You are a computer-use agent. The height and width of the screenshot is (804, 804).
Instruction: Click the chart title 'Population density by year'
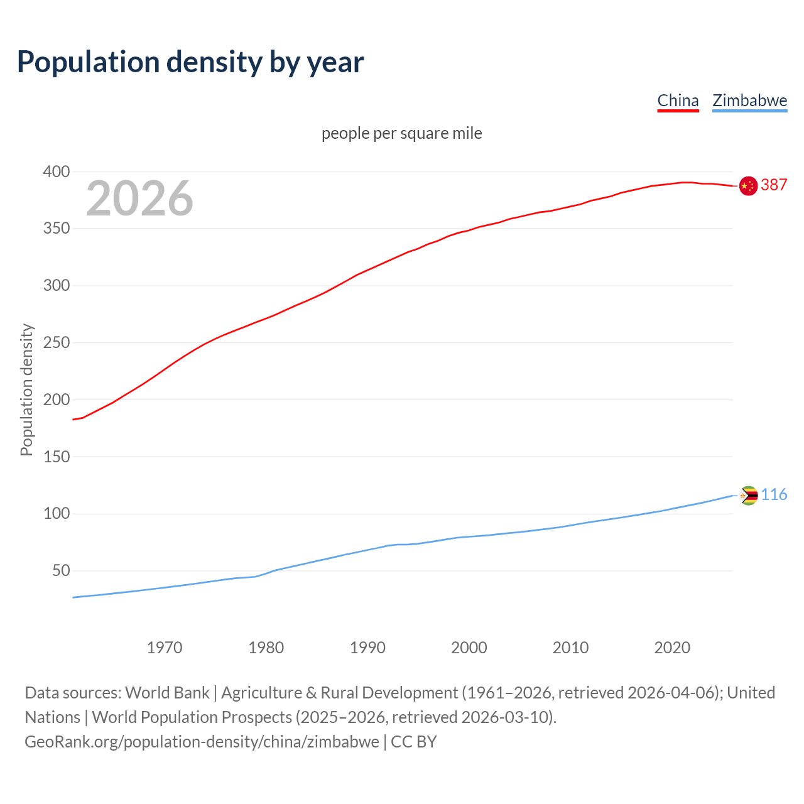(190, 62)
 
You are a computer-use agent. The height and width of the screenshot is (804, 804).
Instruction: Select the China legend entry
(678, 100)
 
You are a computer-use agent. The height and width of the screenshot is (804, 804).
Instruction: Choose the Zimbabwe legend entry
(749, 100)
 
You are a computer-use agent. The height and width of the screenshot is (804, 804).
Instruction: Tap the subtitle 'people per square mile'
(401, 133)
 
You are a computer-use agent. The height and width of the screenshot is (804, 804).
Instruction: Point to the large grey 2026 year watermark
(139, 198)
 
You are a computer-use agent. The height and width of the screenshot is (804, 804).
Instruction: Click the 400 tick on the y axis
(56, 171)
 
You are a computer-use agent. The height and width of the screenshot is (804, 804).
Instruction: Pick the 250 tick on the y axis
(56, 343)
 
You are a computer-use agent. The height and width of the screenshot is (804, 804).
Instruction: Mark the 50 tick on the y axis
(60, 571)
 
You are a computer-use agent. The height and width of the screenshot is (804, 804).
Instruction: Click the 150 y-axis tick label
(56, 457)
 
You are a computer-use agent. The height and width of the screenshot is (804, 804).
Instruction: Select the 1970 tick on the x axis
(165, 648)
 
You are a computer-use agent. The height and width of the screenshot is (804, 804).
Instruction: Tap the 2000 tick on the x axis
(469, 648)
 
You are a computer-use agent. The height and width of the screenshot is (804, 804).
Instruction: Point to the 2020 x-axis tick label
(672, 648)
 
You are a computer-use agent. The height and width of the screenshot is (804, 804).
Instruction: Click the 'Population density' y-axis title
(26, 389)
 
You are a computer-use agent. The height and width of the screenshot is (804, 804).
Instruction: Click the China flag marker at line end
(748, 186)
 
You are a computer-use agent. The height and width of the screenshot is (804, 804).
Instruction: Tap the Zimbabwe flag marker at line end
(748, 496)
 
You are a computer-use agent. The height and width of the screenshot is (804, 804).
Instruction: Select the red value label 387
(774, 185)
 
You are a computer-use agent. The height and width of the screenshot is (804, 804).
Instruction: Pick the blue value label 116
(774, 495)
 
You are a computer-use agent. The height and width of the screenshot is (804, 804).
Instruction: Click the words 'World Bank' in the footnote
(167, 693)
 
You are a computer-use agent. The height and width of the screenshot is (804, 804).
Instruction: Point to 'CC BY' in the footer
(413, 742)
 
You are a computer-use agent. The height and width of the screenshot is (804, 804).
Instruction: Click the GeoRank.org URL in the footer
(202, 742)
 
